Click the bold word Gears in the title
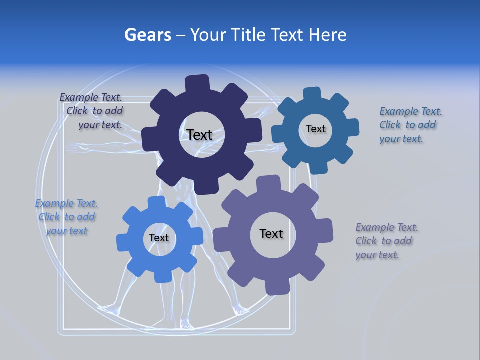[148, 35]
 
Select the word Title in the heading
[249, 35]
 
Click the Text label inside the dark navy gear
[199, 135]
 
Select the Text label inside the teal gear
[315, 129]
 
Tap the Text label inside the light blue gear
[158, 238]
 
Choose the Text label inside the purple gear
[271, 233]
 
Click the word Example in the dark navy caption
[79, 98]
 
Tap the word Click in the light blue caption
[49, 217]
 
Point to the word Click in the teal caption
[390, 125]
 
